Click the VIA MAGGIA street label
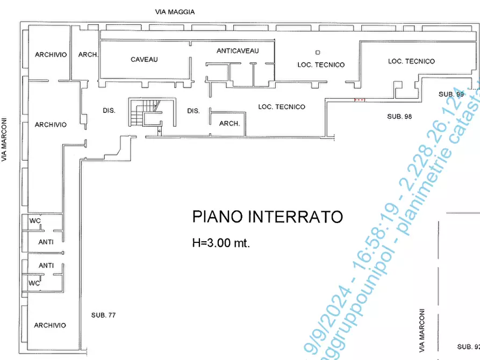coord(175,12)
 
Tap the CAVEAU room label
coord(144,60)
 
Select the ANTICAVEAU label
coord(238,51)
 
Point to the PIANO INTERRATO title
coord(267,217)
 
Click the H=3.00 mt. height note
coord(221,243)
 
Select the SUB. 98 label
coord(399,117)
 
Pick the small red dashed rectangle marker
coord(360,99)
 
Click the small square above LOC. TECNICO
coord(318,53)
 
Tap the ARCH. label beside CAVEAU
coord(88,54)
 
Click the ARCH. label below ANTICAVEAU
coord(230,124)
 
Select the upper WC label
coord(34,221)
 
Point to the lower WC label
coord(34,283)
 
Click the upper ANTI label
coord(46,242)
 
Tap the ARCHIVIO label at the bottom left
coord(50,326)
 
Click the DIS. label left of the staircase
coord(109,111)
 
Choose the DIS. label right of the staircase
coord(194,111)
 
